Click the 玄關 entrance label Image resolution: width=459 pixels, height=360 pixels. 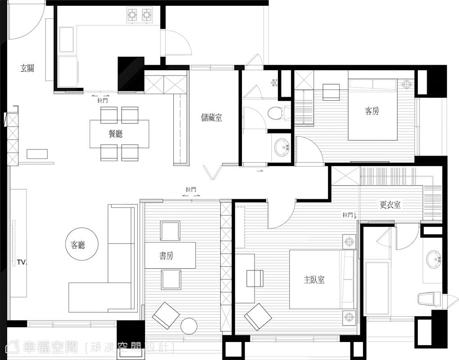click(27, 68)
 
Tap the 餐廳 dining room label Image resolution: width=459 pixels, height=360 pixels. click(115, 134)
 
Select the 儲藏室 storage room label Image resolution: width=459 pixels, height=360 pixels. click(212, 117)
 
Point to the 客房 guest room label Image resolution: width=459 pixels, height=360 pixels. click(372, 111)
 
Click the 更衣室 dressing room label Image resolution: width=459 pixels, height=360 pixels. click(390, 204)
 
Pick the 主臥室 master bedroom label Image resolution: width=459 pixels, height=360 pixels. click(314, 280)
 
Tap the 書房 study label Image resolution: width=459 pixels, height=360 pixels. click(166, 256)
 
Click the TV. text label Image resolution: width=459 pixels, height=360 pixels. click(22, 262)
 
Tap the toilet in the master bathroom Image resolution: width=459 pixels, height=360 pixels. click(429, 299)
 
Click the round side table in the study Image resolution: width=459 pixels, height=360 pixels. click(189, 326)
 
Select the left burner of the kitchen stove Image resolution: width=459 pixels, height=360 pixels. click(132, 15)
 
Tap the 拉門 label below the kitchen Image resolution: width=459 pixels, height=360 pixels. click(102, 101)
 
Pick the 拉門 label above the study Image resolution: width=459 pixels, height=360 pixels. click(191, 189)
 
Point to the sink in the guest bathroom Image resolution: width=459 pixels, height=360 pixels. click(282, 147)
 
